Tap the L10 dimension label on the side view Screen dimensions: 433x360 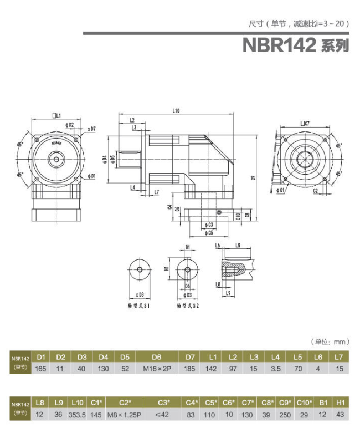click(x=176, y=111)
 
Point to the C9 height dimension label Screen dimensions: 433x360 click(x=253, y=178)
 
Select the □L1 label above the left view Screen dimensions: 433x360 click(x=56, y=115)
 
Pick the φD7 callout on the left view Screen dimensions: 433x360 click(x=91, y=129)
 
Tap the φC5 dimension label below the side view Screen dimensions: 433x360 click(x=208, y=233)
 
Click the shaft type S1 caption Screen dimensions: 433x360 click(x=138, y=305)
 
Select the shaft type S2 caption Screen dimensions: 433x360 click(x=188, y=305)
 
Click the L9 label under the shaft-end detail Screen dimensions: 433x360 click(x=229, y=292)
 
